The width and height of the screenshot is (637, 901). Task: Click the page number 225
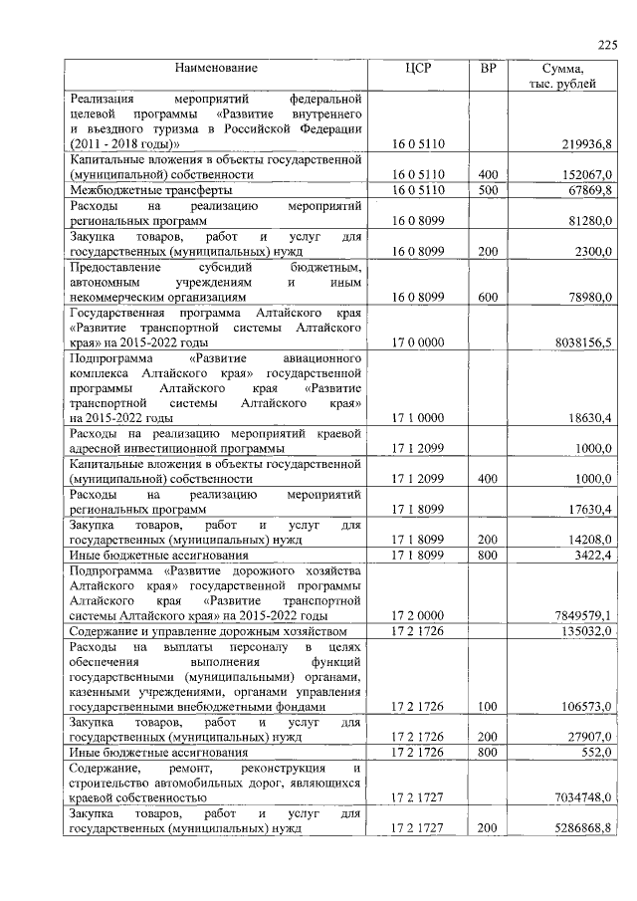coord(607,43)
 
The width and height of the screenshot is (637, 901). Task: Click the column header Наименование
coord(216,68)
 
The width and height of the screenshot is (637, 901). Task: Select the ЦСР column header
coord(418,68)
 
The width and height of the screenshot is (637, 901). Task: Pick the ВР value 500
coord(488,189)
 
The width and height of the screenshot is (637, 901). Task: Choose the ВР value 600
coord(488,297)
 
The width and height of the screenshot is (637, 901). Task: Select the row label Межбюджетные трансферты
coord(151,189)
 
